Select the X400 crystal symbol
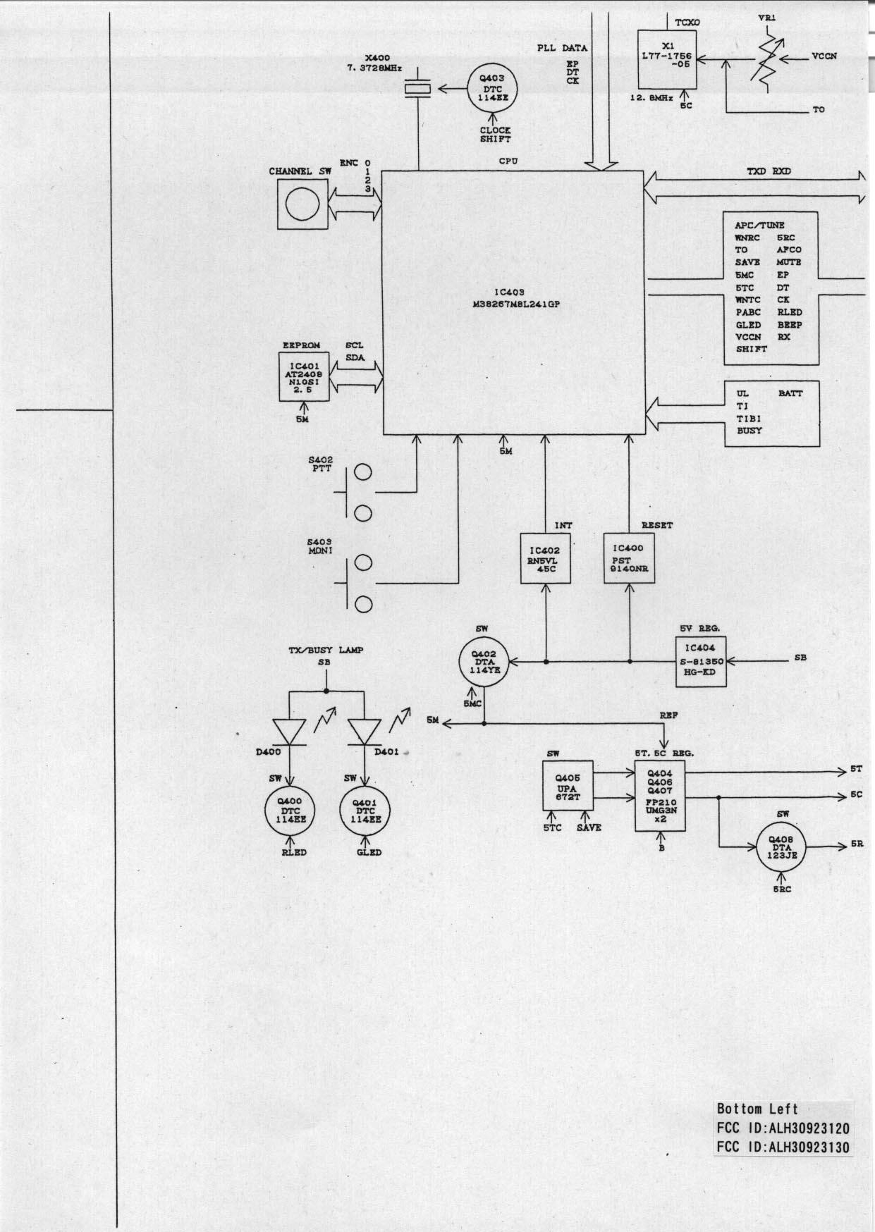[x=417, y=89]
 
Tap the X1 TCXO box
[x=667, y=60]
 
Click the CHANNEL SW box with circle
[x=303, y=203]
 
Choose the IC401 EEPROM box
[x=304, y=376]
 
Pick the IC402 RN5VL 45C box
[x=546, y=558]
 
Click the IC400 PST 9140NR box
[x=629, y=558]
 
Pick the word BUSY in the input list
[x=749, y=431]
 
